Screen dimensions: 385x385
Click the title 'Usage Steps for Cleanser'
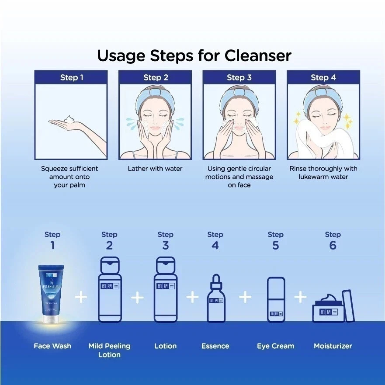tap(194, 55)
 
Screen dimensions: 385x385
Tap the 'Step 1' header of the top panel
tap(71, 77)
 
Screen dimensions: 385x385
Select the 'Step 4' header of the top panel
tap(323, 77)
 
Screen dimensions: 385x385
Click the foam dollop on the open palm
tap(69, 119)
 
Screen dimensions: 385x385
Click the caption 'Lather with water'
tap(155, 168)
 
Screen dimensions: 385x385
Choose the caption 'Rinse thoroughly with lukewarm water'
tap(323, 173)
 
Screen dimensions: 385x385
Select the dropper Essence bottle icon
tap(215, 299)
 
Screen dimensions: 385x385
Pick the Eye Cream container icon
tap(276, 300)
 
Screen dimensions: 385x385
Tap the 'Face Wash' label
tap(52, 346)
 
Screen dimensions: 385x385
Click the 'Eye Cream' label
tap(276, 346)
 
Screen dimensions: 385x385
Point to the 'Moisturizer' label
tap(333, 346)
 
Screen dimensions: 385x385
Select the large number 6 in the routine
tap(333, 245)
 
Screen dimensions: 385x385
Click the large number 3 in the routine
tap(166, 245)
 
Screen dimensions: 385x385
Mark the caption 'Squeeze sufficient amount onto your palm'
tap(69, 177)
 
